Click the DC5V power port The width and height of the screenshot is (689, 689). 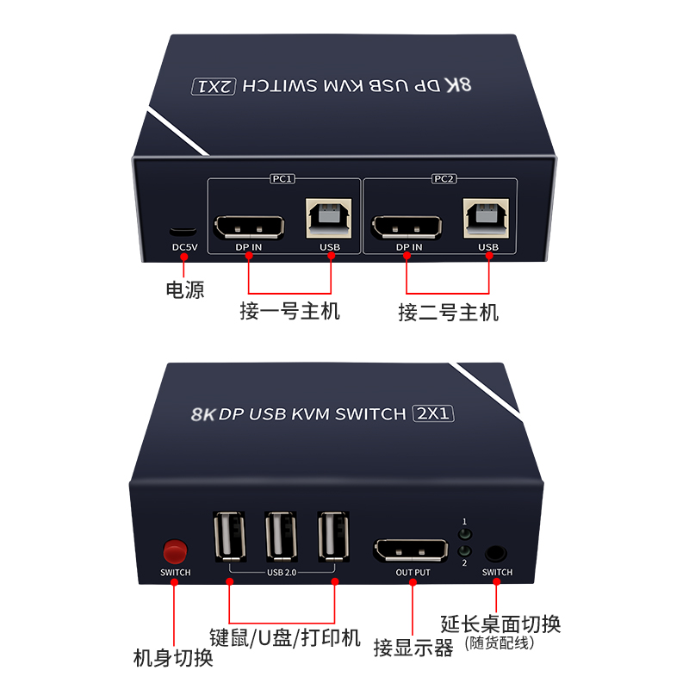point(183,232)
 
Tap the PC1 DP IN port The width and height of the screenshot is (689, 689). point(248,227)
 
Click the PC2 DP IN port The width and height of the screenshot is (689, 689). point(407,227)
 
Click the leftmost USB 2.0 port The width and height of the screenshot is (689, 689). point(229,537)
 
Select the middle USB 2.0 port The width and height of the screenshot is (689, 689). point(282,537)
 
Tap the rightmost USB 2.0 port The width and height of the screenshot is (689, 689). point(334,537)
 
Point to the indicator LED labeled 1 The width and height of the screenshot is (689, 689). point(465,535)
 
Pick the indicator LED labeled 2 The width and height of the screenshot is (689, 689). point(465,551)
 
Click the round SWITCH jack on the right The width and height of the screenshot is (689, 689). point(496,553)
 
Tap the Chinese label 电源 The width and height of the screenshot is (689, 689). point(184,289)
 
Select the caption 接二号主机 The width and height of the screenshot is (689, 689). point(448,312)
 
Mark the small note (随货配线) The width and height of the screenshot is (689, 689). point(500,642)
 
